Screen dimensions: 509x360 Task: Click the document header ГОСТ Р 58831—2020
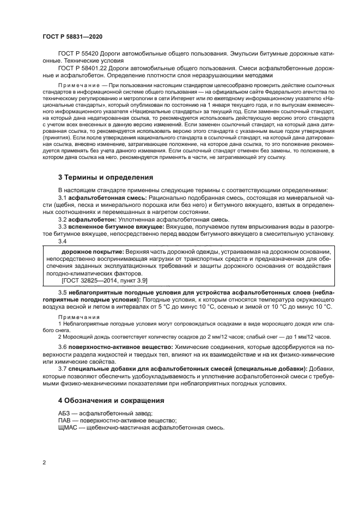click(x=72, y=36)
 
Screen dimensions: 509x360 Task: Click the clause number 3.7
click(x=62, y=369)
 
